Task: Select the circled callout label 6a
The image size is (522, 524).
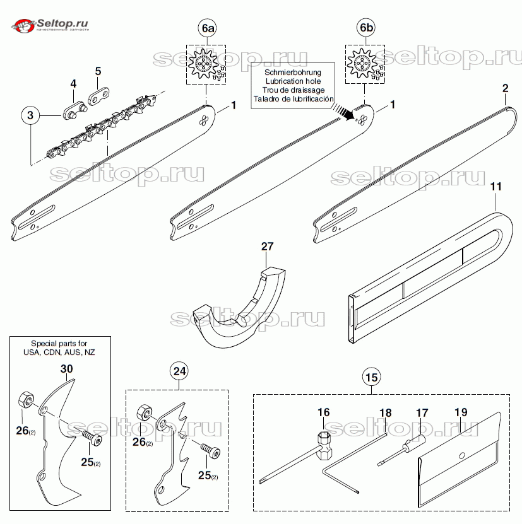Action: [207, 28]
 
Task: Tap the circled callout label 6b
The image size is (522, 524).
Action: [365, 28]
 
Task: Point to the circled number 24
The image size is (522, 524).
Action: [180, 371]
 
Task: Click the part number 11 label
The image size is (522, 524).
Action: [495, 187]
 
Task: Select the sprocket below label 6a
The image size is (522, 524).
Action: [206, 64]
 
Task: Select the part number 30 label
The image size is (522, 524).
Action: [67, 368]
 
